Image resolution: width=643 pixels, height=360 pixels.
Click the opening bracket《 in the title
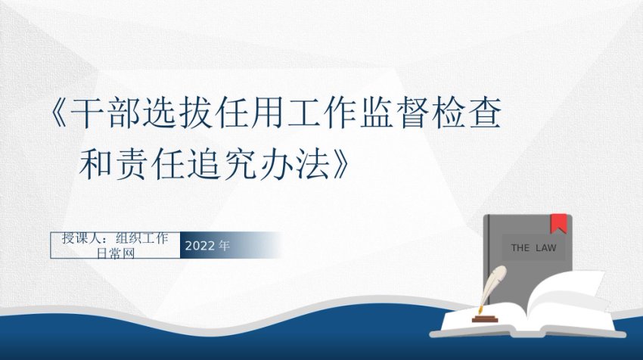coord(59,113)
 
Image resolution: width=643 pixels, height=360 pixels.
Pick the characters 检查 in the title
coord(466,113)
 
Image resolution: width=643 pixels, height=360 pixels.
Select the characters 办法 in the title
coord(294,164)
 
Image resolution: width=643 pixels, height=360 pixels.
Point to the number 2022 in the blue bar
coord(200,246)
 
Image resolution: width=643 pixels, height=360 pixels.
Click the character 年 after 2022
coord(225,246)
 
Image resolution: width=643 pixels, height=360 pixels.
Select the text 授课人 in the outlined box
coord(80,238)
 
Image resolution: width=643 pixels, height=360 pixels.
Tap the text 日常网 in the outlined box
coord(115,253)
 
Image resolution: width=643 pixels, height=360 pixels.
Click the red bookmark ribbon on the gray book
coord(558,223)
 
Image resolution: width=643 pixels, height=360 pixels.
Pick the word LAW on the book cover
coord(546,247)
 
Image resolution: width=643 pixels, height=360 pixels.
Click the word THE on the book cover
coord(520,247)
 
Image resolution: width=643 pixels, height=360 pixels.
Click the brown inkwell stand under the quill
coord(485,318)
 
